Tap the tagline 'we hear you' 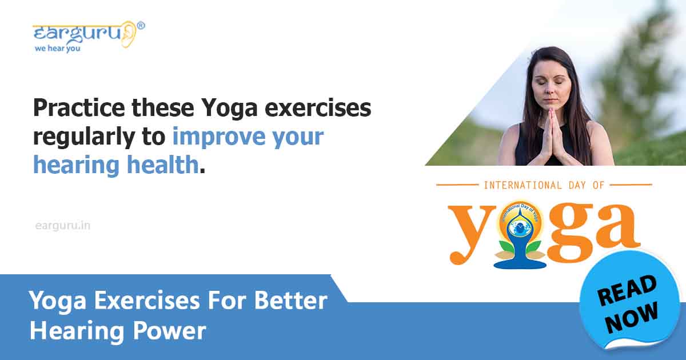click(57, 49)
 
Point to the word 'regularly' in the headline click(92, 137)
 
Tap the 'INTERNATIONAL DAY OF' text click(543, 185)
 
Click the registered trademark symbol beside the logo click(141, 26)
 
